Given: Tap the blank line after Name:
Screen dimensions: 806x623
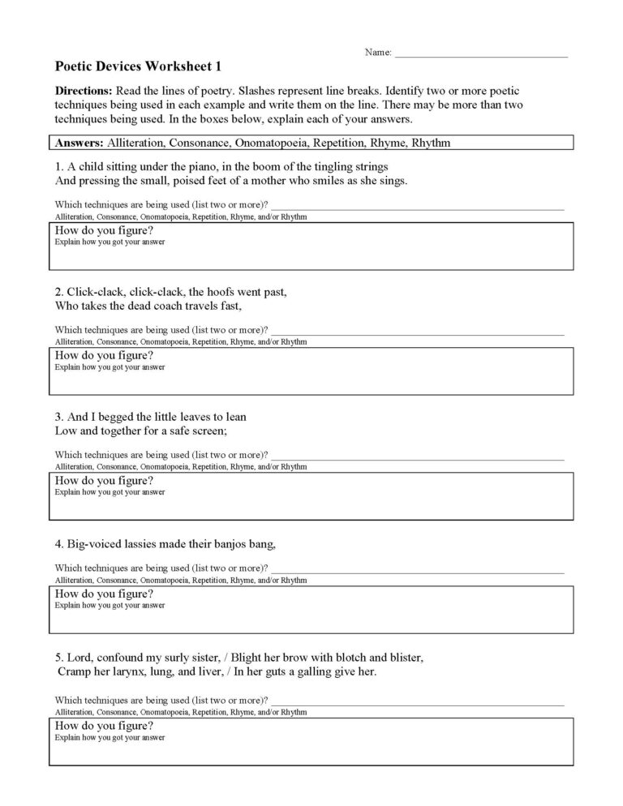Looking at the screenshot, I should point(480,54).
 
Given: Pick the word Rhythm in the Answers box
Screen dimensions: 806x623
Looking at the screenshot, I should point(431,143).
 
